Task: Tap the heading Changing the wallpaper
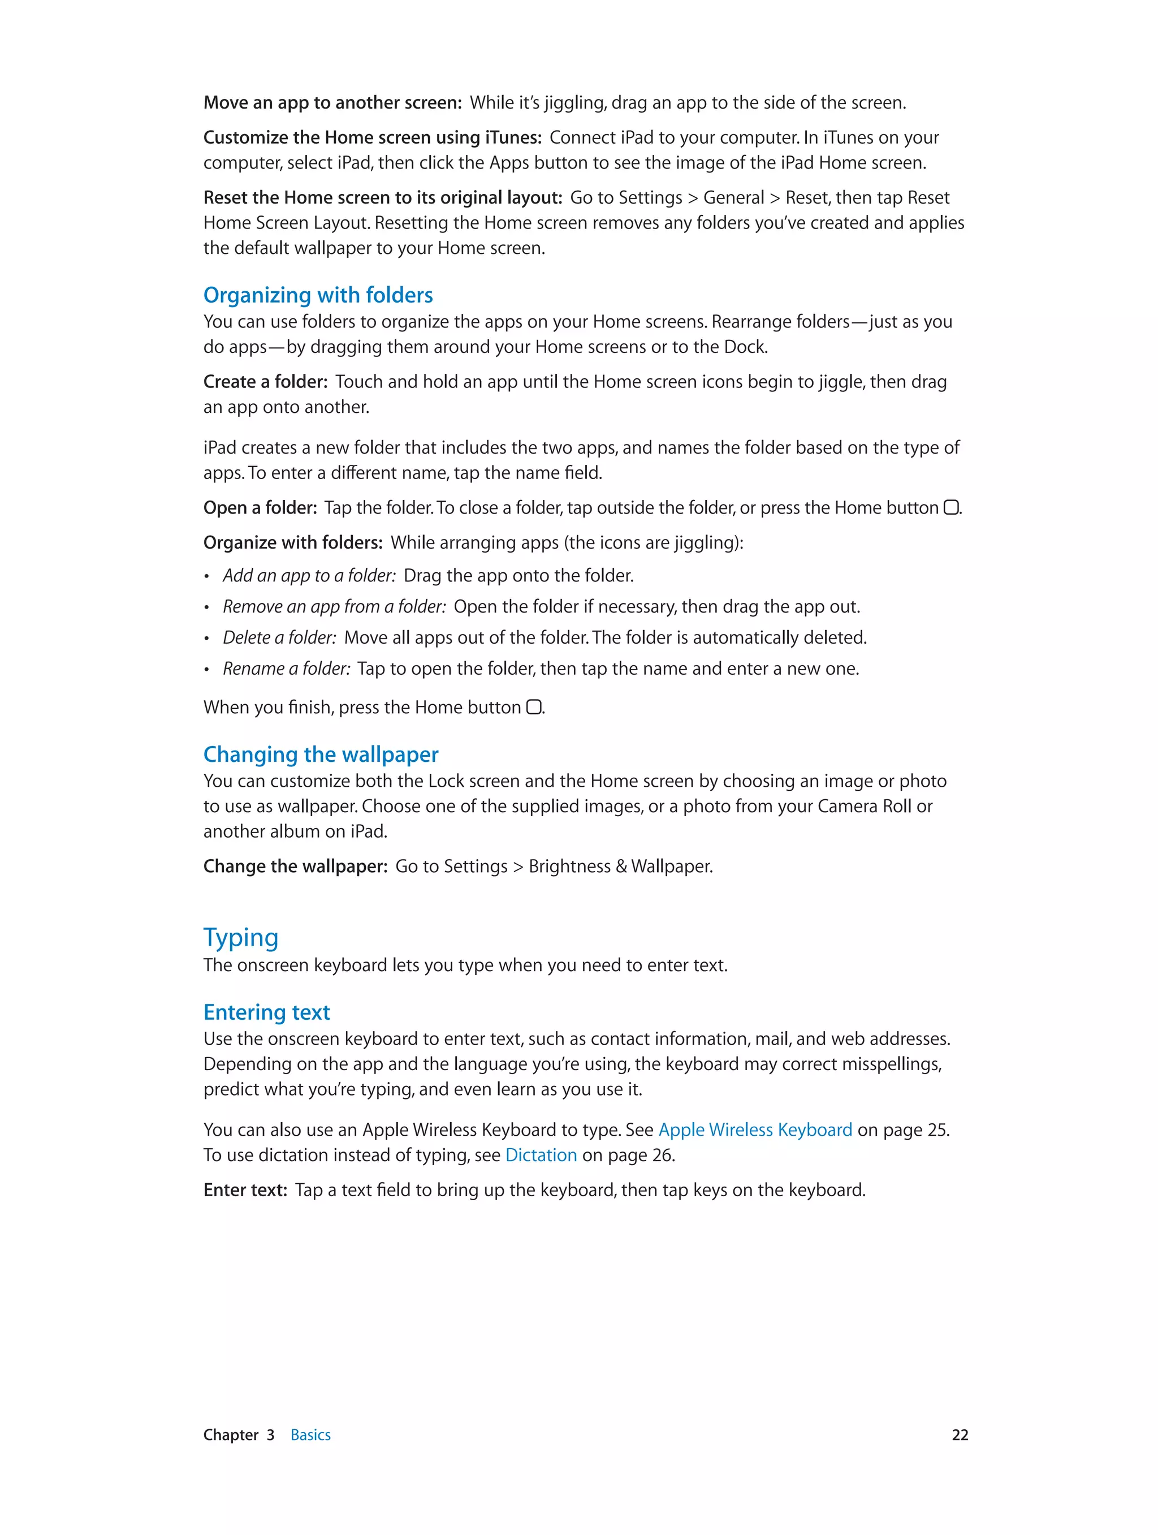321,754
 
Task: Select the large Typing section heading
241,938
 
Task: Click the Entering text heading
266,1012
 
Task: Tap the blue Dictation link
541,1155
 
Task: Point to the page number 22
960,1435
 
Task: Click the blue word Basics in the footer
310,1435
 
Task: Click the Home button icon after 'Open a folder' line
950,508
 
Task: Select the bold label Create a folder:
265,382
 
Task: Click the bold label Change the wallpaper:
295,866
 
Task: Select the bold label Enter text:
245,1190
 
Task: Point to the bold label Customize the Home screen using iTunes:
372,137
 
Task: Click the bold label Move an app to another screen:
332,103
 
